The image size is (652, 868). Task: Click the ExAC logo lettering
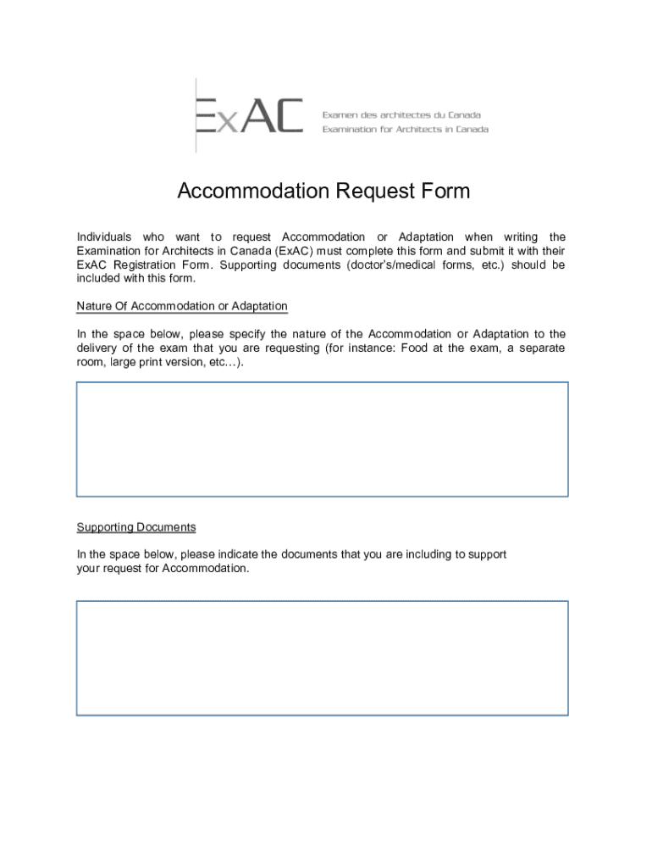pos(249,116)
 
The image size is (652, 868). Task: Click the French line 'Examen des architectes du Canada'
pos(401,114)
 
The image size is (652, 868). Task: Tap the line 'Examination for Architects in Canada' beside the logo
pos(405,130)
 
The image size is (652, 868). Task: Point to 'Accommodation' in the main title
pos(253,192)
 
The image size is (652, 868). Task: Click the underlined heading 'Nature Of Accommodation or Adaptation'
pos(182,306)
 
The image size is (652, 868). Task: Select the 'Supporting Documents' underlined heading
pos(136,527)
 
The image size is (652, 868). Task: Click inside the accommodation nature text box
pos(322,438)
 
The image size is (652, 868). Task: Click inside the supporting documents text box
pos(322,658)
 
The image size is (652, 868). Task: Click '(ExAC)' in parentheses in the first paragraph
pos(293,251)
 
